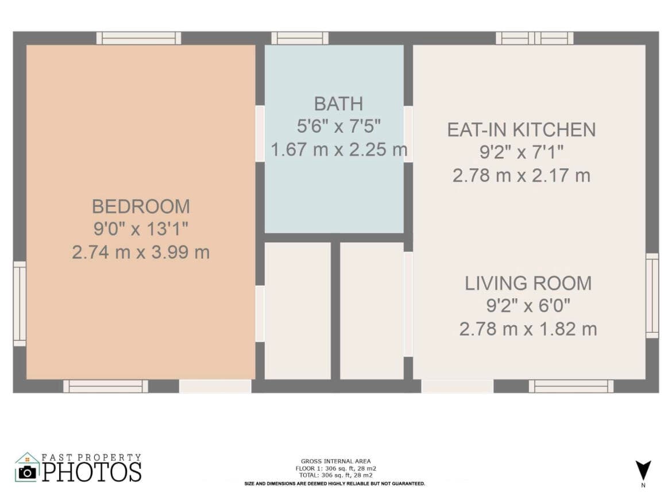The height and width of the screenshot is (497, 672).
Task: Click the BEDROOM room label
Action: [x=141, y=207]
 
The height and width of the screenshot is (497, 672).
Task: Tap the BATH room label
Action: [x=338, y=104]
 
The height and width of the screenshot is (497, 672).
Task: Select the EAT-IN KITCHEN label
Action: [x=522, y=130]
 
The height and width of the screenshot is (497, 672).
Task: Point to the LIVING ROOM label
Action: [x=528, y=283]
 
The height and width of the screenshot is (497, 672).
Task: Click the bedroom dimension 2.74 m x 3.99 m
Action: [x=141, y=252]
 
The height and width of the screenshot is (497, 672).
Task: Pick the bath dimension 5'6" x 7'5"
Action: [x=338, y=126]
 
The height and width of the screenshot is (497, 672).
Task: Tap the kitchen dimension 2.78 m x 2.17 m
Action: [x=522, y=176]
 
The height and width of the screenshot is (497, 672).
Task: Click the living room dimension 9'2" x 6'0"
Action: [x=528, y=306]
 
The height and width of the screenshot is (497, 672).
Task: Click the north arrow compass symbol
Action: [x=643, y=471]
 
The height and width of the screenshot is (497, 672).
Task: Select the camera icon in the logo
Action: [x=28, y=472]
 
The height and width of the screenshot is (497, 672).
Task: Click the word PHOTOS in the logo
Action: [x=92, y=472]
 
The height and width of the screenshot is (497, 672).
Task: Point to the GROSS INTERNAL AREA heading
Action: [x=335, y=461]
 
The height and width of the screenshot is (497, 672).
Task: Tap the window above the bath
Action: [x=300, y=38]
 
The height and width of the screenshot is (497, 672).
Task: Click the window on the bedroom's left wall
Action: [x=20, y=303]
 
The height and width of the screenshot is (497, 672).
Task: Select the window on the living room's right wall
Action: [x=652, y=295]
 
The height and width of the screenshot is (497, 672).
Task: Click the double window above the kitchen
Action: [x=534, y=38]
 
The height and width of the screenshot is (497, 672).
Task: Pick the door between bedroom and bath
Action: [x=260, y=134]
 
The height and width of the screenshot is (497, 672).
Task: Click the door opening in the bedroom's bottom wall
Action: [x=215, y=386]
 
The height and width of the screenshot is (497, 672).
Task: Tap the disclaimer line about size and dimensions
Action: [x=335, y=484]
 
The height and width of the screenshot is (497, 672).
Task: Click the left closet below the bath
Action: [x=298, y=311]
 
